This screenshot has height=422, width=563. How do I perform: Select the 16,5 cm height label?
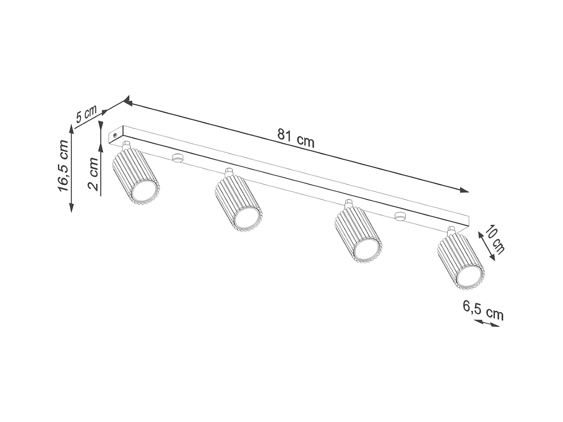pos(63,166)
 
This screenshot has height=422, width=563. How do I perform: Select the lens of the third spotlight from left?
pos(366,250)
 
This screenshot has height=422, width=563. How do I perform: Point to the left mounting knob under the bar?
pos(177,158)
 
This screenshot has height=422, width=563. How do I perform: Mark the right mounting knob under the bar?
pos(400,216)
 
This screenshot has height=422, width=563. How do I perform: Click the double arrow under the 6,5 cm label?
pos(486,323)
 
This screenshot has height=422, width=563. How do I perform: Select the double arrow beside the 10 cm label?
pos(486,245)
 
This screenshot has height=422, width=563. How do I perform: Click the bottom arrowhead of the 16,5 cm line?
pos(71,208)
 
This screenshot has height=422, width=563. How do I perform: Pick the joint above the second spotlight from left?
pos(229,171)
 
